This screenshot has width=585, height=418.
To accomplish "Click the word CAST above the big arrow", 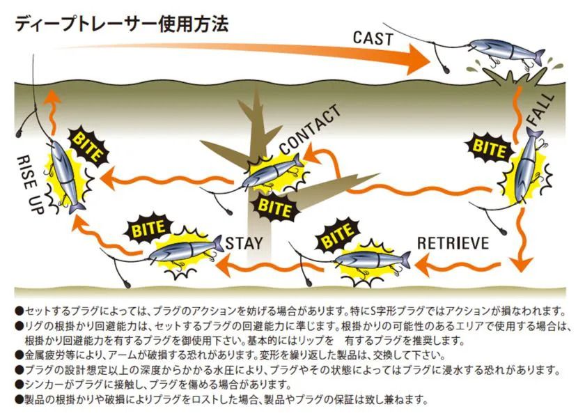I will [373, 37].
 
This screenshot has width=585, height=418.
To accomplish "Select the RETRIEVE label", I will [453, 243].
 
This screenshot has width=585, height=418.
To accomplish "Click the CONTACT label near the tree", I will [311, 130].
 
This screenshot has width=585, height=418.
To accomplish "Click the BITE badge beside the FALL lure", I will [490, 147].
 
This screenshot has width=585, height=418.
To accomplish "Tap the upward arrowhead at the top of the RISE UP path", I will [51, 99].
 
